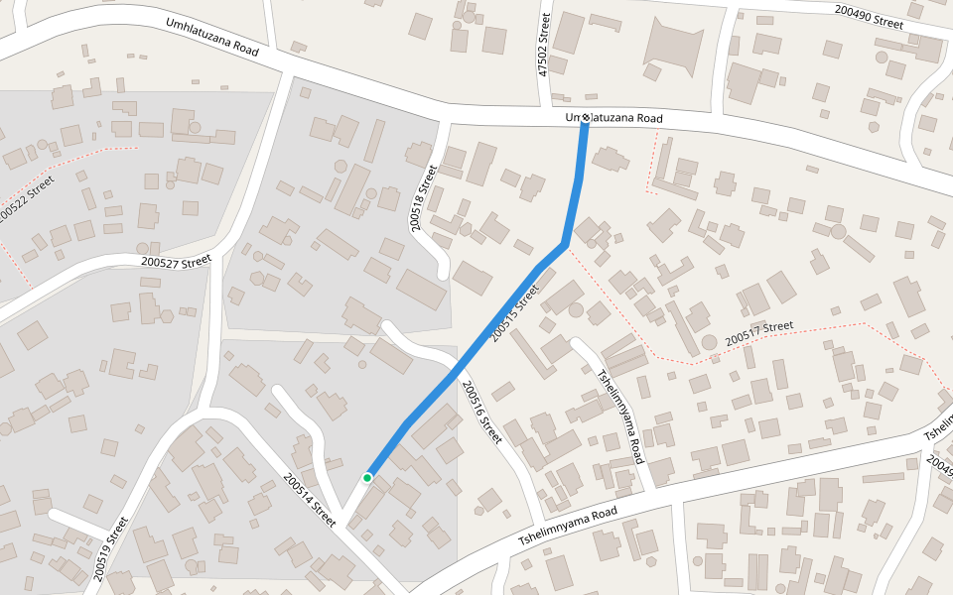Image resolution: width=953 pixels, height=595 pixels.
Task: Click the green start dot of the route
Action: coord(367,478)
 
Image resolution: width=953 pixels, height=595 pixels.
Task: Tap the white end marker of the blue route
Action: coord(586,119)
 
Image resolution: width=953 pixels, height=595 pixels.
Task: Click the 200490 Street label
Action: coord(869,17)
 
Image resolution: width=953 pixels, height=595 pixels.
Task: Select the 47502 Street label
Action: coord(543,45)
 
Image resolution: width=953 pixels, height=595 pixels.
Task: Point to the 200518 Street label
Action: coord(423,198)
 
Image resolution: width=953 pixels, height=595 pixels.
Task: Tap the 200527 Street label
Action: coord(177,262)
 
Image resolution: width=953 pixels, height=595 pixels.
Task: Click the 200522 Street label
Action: coord(25,197)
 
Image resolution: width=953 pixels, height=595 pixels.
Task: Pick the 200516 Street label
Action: coord(482,414)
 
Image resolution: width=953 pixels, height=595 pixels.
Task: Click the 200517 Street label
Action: coord(759,332)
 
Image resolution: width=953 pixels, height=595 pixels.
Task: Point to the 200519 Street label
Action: coord(111,548)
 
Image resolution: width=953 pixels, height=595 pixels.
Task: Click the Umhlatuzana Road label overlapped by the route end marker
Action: coord(613,119)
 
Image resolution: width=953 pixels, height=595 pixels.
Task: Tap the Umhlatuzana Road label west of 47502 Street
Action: coord(212,37)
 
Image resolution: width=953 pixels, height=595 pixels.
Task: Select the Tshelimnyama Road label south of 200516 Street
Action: coord(568,528)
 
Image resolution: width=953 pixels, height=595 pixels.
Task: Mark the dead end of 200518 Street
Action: coord(444,273)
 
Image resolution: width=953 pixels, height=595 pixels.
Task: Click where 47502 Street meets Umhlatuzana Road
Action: coord(552,104)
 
